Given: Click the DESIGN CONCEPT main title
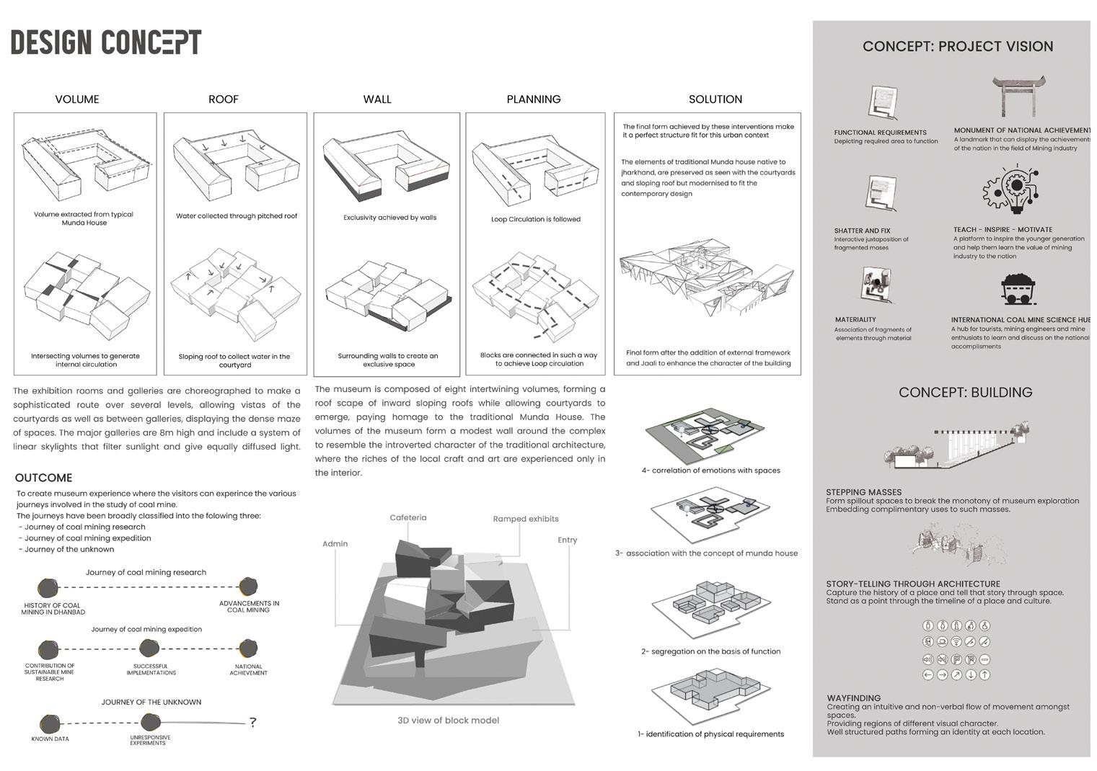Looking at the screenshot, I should [106, 43].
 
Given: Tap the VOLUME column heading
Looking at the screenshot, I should [77, 99].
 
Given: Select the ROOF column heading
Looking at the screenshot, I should [224, 99].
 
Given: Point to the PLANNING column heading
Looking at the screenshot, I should [534, 99].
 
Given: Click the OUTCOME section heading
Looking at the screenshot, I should [43, 478].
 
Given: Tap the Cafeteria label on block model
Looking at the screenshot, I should [408, 517].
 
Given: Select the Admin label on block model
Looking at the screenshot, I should [335, 543].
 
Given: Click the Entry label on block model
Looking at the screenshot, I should [567, 540].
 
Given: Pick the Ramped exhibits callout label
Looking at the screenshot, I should [526, 519].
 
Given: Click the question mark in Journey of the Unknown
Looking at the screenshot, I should [252, 722].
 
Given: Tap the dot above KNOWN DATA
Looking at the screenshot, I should [50, 723].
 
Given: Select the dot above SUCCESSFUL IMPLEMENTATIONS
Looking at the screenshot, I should [149, 649].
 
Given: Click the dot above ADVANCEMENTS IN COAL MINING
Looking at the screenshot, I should [248, 586].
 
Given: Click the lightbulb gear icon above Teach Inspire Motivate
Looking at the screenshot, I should [1013, 189].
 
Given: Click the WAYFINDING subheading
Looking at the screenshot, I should [853, 698].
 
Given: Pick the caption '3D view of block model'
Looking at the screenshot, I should [448, 721].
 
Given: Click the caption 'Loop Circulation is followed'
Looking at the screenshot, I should [535, 219].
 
